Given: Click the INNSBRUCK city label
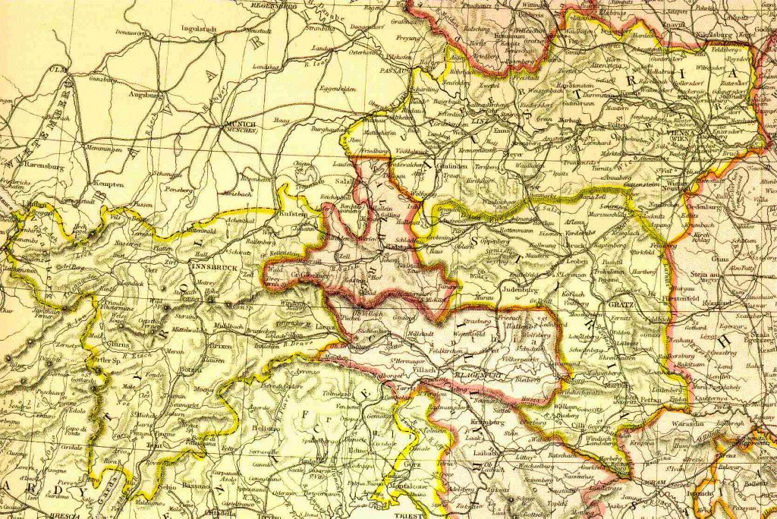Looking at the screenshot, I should [213, 267].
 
